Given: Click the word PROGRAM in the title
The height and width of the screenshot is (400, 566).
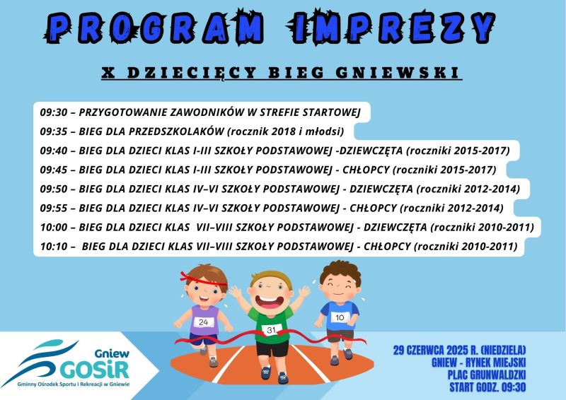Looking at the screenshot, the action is click(x=154, y=28).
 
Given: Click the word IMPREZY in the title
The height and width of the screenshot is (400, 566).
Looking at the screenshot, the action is click(x=391, y=28).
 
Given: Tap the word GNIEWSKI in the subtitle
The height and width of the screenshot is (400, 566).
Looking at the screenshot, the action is click(x=398, y=73).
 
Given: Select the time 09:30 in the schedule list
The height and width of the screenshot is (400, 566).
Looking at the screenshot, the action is click(x=54, y=112).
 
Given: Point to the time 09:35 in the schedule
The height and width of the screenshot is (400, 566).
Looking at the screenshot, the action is click(x=54, y=131).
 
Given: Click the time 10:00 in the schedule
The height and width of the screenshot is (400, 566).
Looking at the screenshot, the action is click(x=54, y=228).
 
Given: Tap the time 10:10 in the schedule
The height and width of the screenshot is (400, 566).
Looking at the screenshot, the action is click(x=54, y=247).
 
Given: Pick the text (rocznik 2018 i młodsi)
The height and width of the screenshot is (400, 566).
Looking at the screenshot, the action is click(x=286, y=131).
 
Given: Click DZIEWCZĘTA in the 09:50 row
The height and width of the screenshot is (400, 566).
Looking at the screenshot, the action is click(x=381, y=189).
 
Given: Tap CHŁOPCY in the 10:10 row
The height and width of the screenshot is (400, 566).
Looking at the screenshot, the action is click(x=387, y=247).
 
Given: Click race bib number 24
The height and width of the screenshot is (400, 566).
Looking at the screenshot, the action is click(x=204, y=322).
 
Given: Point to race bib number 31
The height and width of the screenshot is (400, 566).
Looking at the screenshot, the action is click(x=271, y=329).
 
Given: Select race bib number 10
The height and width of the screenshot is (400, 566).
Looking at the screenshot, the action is click(x=340, y=317).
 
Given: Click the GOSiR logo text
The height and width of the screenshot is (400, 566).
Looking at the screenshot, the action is click(x=95, y=370).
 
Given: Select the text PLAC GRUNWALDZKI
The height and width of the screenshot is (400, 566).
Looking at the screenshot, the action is click(x=486, y=375).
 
